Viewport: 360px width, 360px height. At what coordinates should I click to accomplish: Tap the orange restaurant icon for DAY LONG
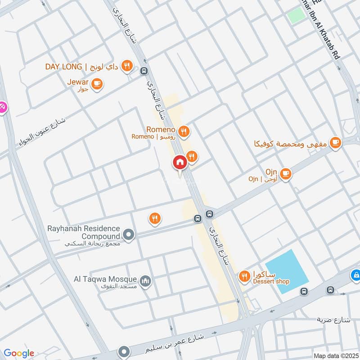[127, 66]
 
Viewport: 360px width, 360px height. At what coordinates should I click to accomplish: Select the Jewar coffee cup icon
[96, 83]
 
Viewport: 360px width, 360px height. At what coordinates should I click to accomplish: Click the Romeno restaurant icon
[183, 131]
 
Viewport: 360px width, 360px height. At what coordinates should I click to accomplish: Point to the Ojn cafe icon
[285, 173]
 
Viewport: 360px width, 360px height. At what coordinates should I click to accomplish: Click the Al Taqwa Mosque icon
[145, 282]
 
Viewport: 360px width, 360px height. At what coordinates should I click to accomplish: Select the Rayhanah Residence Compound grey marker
[129, 234]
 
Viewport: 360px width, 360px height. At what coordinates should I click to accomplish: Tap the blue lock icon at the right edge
[355, 274]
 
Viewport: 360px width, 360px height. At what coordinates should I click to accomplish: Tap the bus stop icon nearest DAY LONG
[144, 70]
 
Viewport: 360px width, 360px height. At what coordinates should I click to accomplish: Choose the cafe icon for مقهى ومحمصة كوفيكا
[335, 143]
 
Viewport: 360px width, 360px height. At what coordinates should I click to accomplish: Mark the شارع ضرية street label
[333, 320]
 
